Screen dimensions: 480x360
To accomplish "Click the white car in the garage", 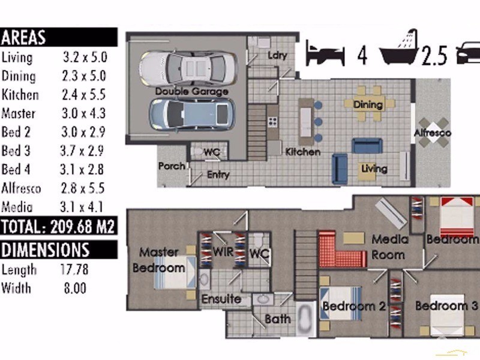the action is coord(188,67).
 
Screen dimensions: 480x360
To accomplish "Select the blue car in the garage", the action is coord(192,115).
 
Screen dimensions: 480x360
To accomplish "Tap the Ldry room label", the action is coord(277,55).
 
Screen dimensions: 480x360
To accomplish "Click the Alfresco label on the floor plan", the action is coord(432,133).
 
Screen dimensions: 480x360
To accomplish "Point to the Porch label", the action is coord(172,166).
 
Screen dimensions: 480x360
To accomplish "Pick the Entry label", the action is coord(218,175).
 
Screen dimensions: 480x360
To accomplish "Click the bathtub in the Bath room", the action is coord(305,319).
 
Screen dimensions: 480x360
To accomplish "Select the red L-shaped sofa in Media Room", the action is coord(340,251).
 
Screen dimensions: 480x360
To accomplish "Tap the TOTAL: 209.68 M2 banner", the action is coord(58,227).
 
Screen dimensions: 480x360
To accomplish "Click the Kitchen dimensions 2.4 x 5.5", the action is coord(84,95).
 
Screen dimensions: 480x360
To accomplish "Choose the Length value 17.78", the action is coord(74,269).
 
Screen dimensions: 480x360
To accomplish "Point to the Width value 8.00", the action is coord(75,288).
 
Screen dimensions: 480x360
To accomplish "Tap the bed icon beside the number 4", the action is coord(325,54).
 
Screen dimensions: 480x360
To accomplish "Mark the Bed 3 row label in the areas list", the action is coord(16,151).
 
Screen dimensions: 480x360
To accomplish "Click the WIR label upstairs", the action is coord(223,251).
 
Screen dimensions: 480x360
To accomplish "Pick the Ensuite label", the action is coord(221,299).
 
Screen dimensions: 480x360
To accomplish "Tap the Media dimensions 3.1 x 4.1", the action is coord(82,207).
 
